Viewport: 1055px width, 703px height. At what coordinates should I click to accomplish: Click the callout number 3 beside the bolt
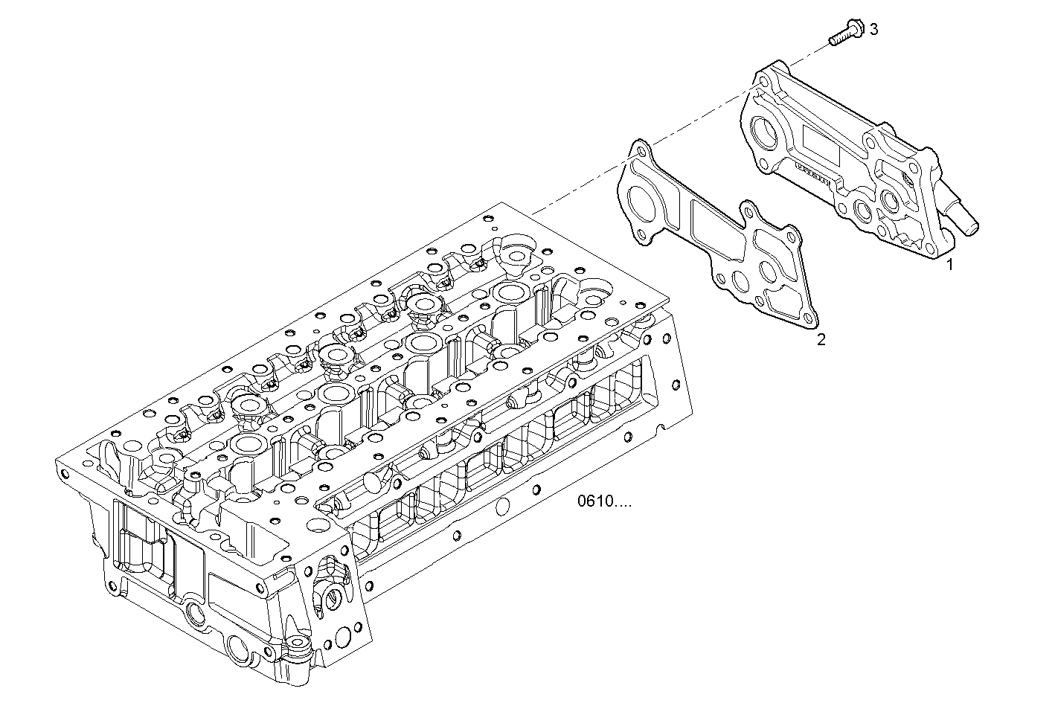coord(873,29)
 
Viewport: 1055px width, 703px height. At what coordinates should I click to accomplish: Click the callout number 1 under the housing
coord(949,263)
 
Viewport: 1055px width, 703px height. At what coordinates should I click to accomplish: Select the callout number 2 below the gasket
coord(821,340)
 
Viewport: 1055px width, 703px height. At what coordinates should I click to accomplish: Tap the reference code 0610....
coord(604,501)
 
